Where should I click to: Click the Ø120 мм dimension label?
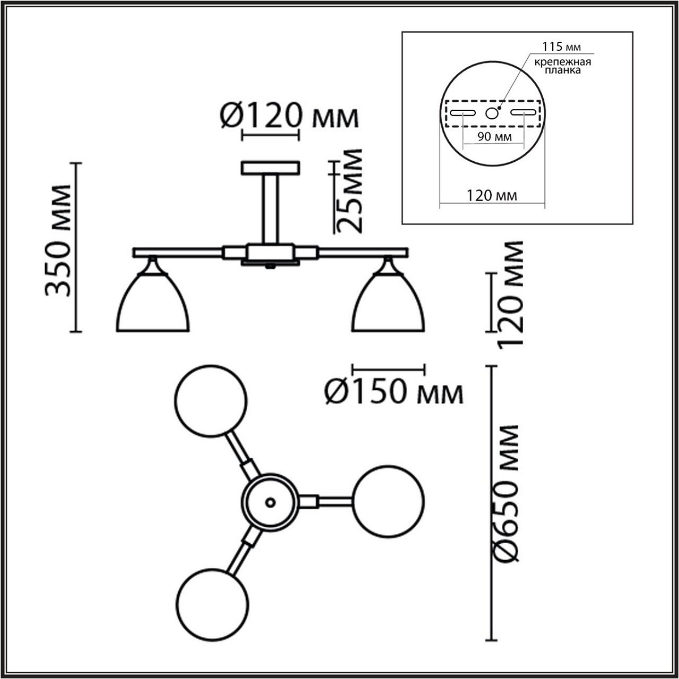(x=288, y=117)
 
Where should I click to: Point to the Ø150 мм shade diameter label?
(x=394, y=392)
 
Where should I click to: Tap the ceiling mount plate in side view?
(x=270, y=168)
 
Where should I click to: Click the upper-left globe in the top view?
(x=210, y=399)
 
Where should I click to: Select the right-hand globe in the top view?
(x=388, y=501)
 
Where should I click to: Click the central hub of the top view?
(x=269, y=501)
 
